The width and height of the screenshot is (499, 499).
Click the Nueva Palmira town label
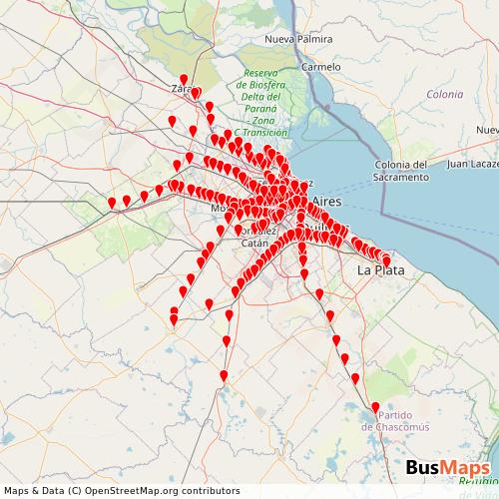[297, 39]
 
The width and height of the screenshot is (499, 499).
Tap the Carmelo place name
[321, 67]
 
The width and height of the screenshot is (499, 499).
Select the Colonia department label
[444, 94]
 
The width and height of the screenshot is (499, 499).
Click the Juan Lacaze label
[473, 163]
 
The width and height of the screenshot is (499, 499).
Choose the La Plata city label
[380, 270]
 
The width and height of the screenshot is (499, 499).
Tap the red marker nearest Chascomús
[375, 408]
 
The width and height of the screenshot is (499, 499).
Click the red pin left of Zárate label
[183, 80]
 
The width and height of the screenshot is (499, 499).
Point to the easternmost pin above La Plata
[386, 260]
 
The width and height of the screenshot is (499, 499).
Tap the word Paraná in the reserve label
[263, 110]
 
